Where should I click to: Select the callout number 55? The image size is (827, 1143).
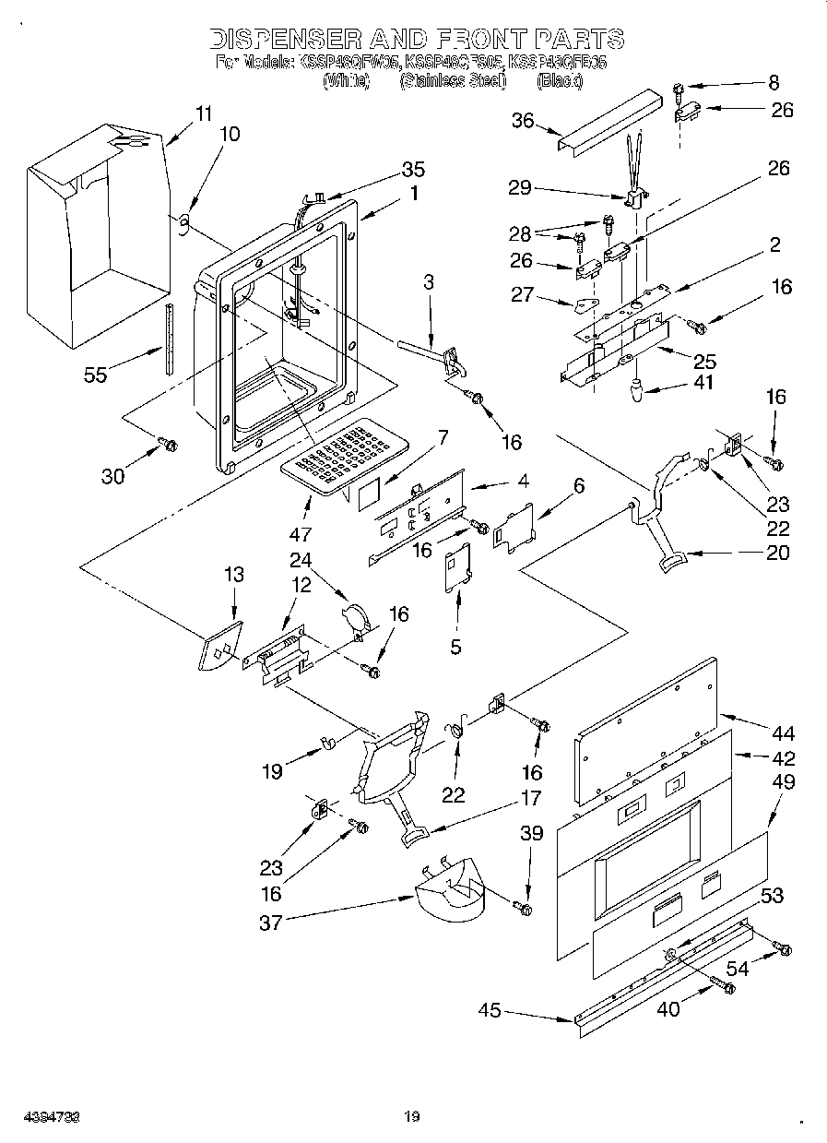[x=94, y=375]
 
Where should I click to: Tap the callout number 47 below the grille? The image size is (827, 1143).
[x=301, y=534]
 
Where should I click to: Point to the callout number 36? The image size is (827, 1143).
[x=523, y=122]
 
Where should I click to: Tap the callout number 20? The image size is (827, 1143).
[x=778, y=553]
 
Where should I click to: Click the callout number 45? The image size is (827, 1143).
[x=490, y=1011]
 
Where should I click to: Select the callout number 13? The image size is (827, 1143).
[x=234, y=575]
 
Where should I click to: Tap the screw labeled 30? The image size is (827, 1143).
[x=169, y=446]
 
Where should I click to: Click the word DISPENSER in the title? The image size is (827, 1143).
[x=286, y=39]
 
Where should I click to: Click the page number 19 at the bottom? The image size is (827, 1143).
[x=412, y=1117]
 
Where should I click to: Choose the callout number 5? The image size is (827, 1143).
[x=455, y=647]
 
